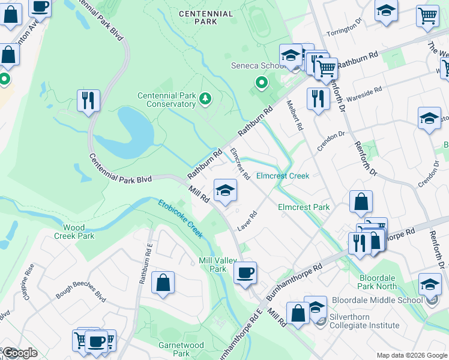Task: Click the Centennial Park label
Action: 205,17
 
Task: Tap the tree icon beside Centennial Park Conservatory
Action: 206,98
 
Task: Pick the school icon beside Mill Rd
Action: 225,190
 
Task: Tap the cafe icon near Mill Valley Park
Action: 245,273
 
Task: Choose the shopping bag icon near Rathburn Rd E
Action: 163,282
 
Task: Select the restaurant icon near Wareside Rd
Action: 318,98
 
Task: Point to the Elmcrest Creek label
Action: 282,176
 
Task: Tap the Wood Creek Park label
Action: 79,232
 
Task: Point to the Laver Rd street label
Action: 247,221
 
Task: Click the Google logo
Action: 19,353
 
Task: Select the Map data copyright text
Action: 411,355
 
